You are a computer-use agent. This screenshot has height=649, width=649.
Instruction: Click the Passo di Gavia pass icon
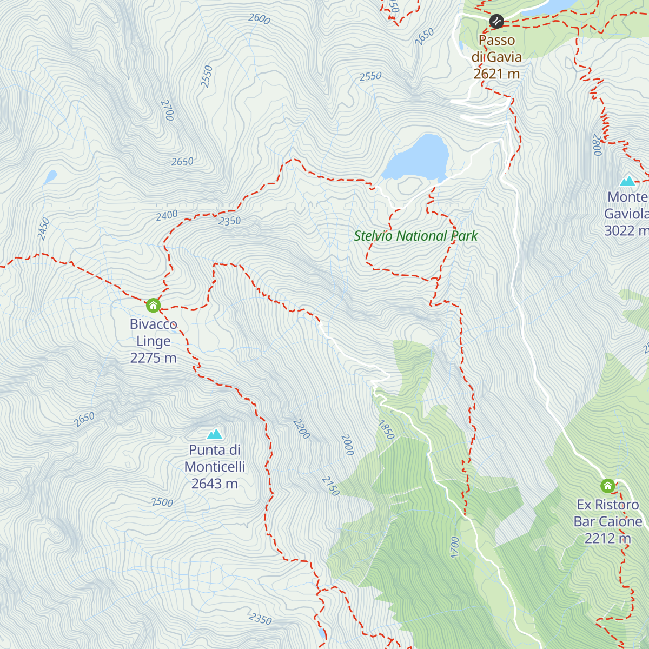pos(496,22)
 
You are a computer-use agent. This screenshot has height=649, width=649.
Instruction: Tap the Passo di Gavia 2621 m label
pos(496,57)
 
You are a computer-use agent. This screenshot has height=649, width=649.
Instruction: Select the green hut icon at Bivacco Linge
pos(153,306)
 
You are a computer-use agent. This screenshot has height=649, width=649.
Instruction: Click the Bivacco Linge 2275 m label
pos(153,341)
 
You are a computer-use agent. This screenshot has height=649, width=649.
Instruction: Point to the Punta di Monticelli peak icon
pos(215,434)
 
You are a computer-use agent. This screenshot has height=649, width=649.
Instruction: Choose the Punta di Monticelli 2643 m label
pos(215,466)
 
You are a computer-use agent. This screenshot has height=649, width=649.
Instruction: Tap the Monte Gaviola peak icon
pos(627,181)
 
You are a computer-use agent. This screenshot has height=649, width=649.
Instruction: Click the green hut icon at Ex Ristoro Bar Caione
pos(607,486)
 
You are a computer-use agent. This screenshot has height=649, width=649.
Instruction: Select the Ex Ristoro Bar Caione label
pos(608,521)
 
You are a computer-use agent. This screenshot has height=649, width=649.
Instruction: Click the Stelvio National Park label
pos(415,236)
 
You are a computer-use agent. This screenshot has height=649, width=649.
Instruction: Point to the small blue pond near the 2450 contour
pos(50,177)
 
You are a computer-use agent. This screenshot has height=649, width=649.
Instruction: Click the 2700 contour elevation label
pos(167,110)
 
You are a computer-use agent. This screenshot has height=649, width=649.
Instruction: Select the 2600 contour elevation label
pos(259,18)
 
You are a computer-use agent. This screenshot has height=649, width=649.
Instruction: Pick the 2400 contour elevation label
pos(167,216)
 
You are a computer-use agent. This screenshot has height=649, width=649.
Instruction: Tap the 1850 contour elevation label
pos(386,430)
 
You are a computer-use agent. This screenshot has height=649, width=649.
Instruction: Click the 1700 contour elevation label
pos(454,547)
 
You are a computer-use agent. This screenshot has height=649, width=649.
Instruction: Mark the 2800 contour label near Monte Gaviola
pos(597,145)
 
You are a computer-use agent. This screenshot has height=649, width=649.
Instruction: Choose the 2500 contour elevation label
pos(162,502)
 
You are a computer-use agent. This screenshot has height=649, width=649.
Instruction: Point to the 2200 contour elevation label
pos(301,429)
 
